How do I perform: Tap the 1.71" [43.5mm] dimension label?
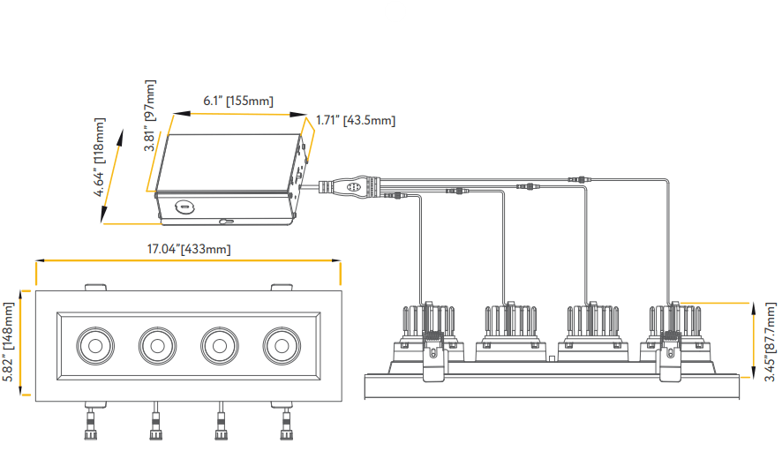[356, 120]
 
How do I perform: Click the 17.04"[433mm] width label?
[188, 250]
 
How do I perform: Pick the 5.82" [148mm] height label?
[10, 342]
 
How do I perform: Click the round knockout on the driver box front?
[185, 208]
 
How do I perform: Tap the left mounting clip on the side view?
[433, 360]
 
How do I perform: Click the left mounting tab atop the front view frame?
[95, 287]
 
